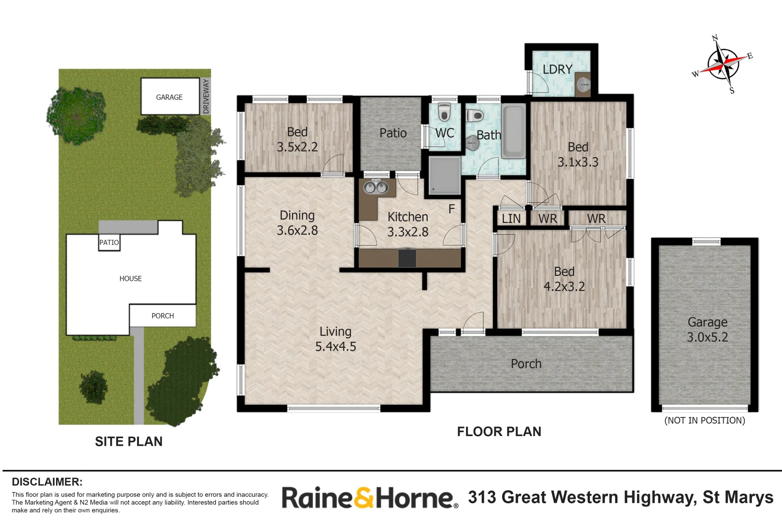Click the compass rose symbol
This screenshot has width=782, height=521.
[x=723, y=65]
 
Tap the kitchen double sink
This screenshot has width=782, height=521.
[x=376, y=187]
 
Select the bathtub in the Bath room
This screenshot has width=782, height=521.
[x=514, y=131]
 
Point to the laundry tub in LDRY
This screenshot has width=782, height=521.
[x=583, y=84]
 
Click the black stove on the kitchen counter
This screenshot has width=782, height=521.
[x=407, y=258]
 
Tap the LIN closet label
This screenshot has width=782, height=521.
[x=511, y=219]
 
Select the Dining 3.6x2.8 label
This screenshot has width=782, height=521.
[x=297, y=223]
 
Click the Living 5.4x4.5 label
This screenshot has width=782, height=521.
[x=336, y=339]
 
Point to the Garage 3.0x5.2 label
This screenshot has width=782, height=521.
[x=708, y=329]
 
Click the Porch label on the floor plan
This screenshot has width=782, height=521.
[x=526, y=364]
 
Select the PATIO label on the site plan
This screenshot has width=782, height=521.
[x=109, y=243]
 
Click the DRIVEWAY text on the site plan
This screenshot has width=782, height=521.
[x=206, y=96]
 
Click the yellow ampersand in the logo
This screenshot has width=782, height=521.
[x=364, y=497]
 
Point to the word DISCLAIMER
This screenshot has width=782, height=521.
[x=47, y=482]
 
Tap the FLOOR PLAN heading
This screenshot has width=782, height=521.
[x=499, y=432]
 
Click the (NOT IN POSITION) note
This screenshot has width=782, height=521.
[x=705, y=421]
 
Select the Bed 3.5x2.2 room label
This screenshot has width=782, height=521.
[x=297, y=139]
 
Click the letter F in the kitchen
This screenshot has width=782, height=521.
[x=452, y=209]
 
